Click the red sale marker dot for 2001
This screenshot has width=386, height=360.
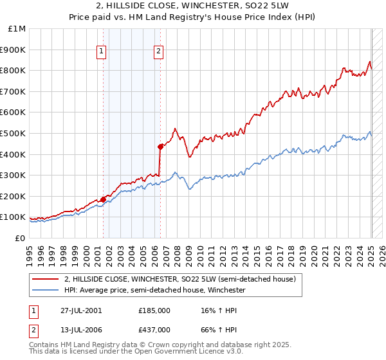tap(103, 199)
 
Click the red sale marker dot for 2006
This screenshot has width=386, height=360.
tap(160, 147)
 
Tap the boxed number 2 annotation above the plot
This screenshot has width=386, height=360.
tap(158, 53)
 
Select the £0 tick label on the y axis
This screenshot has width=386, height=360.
tap(21, 238)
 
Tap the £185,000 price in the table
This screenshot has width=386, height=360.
tap(154, 310)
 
